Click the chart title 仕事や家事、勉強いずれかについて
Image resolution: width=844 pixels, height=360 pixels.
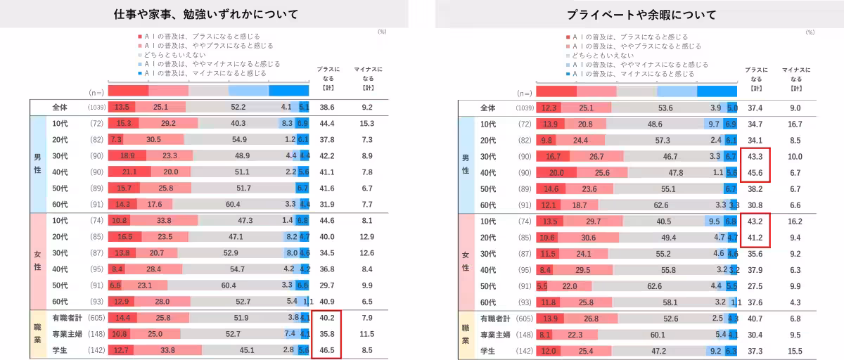point(206,14)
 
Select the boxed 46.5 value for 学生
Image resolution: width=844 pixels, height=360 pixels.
point(326,349)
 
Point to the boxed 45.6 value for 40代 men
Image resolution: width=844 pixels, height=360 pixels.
point(754,173)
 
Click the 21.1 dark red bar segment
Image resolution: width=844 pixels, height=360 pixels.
point(129,172)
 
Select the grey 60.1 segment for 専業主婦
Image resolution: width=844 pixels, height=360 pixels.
point(658,335)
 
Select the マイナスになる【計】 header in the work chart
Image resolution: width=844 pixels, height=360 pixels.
point(367,79)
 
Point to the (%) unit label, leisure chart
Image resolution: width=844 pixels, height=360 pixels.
point(810,32)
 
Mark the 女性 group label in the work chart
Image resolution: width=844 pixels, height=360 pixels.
point(37,262)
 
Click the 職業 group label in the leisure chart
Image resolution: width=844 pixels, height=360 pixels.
point(465,335)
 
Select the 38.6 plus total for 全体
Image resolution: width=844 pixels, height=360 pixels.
point(326,108)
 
